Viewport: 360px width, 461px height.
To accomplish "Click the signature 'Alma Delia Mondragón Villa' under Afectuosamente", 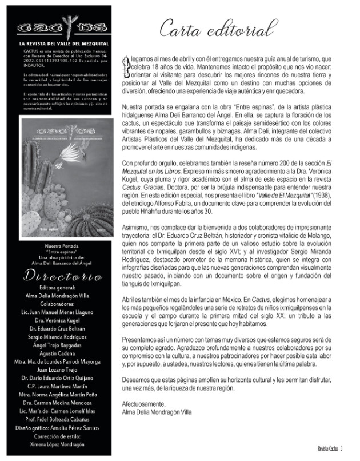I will [x=158, y=412].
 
